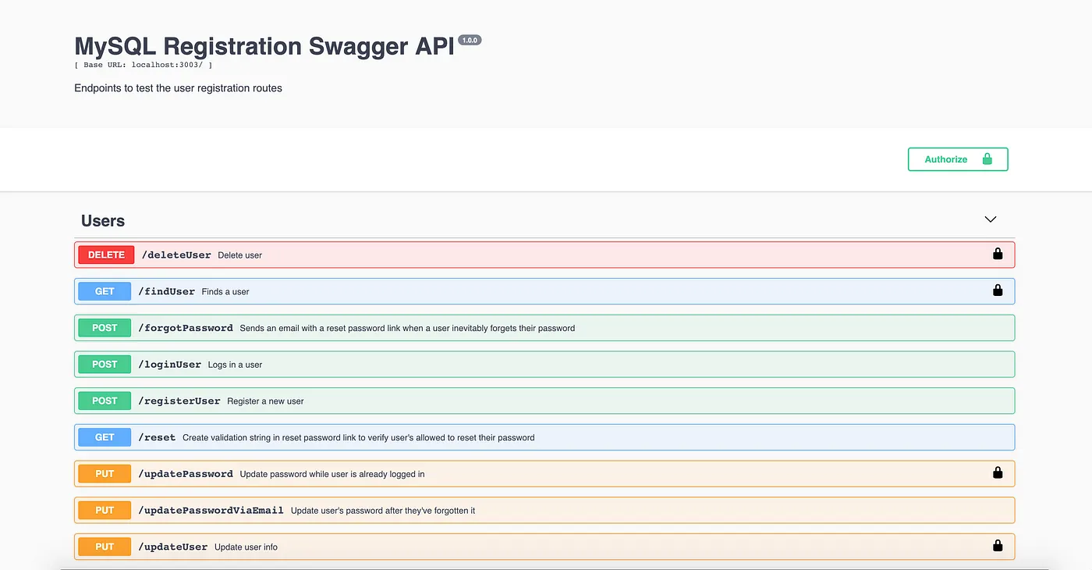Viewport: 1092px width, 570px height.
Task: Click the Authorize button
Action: [x=958, y=159]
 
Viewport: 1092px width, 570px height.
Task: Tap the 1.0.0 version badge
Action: [x=470, y=40]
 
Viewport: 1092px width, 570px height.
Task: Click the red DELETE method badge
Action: [x=106, y=255]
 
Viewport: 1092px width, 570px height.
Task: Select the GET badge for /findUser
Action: [x=105, y=291]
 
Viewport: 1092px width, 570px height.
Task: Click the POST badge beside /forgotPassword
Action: [x=105, y=328]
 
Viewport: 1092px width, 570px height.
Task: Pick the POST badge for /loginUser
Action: [x=105, y=365]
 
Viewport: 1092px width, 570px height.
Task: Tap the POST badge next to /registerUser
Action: [x=105, y=401]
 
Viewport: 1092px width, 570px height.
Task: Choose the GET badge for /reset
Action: [x=105, y=437]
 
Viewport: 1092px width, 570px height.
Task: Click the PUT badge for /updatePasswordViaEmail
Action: [x=105, y=510]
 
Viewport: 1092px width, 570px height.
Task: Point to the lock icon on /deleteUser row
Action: [x=998, y=254]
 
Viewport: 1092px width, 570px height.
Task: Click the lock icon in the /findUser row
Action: [x=998, y=290]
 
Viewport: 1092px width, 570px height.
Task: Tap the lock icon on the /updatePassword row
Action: [x=998, y=472]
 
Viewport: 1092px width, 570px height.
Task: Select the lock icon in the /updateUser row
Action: [x=998, y=546]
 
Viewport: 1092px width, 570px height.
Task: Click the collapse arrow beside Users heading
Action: [x=991, y=219]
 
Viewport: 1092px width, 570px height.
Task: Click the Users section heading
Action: [x=103, y=221]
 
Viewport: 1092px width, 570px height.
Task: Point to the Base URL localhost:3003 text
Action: [x=144, y=66]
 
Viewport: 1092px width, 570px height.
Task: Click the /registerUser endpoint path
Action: [x=179, y=401]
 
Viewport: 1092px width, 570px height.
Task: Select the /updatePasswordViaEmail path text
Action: [x=211, y=510]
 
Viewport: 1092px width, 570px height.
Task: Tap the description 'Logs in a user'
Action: [x=235, y=365]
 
